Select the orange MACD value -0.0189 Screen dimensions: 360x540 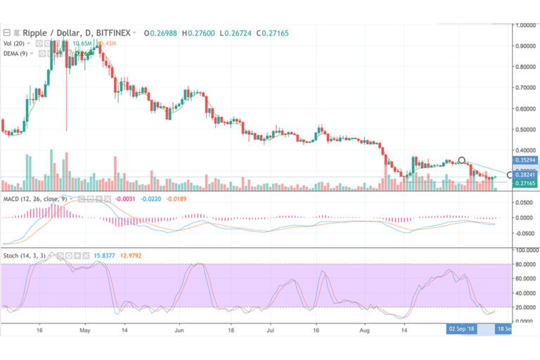point(184,200)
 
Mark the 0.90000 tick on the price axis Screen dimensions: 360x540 point(525,46)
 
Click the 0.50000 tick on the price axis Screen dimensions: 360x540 point(525,129)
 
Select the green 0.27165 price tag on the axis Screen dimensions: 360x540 point(525,184)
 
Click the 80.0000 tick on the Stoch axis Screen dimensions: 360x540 point(524,264)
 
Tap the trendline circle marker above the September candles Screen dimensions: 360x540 point(461,161)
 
